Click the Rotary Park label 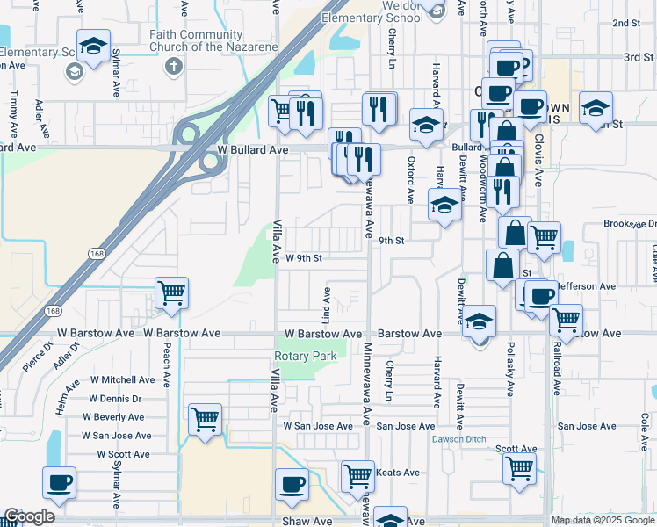click(x=306, y=357)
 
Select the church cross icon click(x=174, y=65)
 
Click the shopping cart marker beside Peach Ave click(x=170, y=292)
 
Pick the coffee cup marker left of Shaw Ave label click(x=60, y=481)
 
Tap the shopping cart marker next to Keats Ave click(x=357, y=476)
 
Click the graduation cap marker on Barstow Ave click(x=480, y=321)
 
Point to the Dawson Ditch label click(x=456, y=439)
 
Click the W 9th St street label click(x=304, y=258)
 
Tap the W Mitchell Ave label click(x=121, y=380)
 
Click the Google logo click(x=29, y=517)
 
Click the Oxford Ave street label click(x=410, y=179)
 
